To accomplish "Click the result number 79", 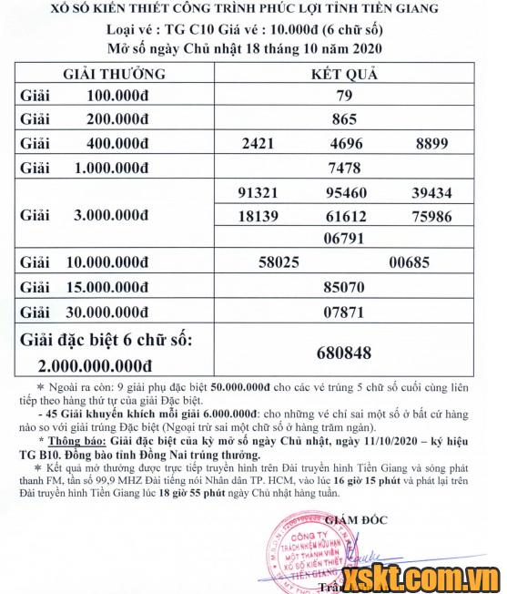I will (343, 96).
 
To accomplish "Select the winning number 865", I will (343, 118).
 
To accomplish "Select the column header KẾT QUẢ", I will (344, 73).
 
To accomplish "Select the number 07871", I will (343, 312).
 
